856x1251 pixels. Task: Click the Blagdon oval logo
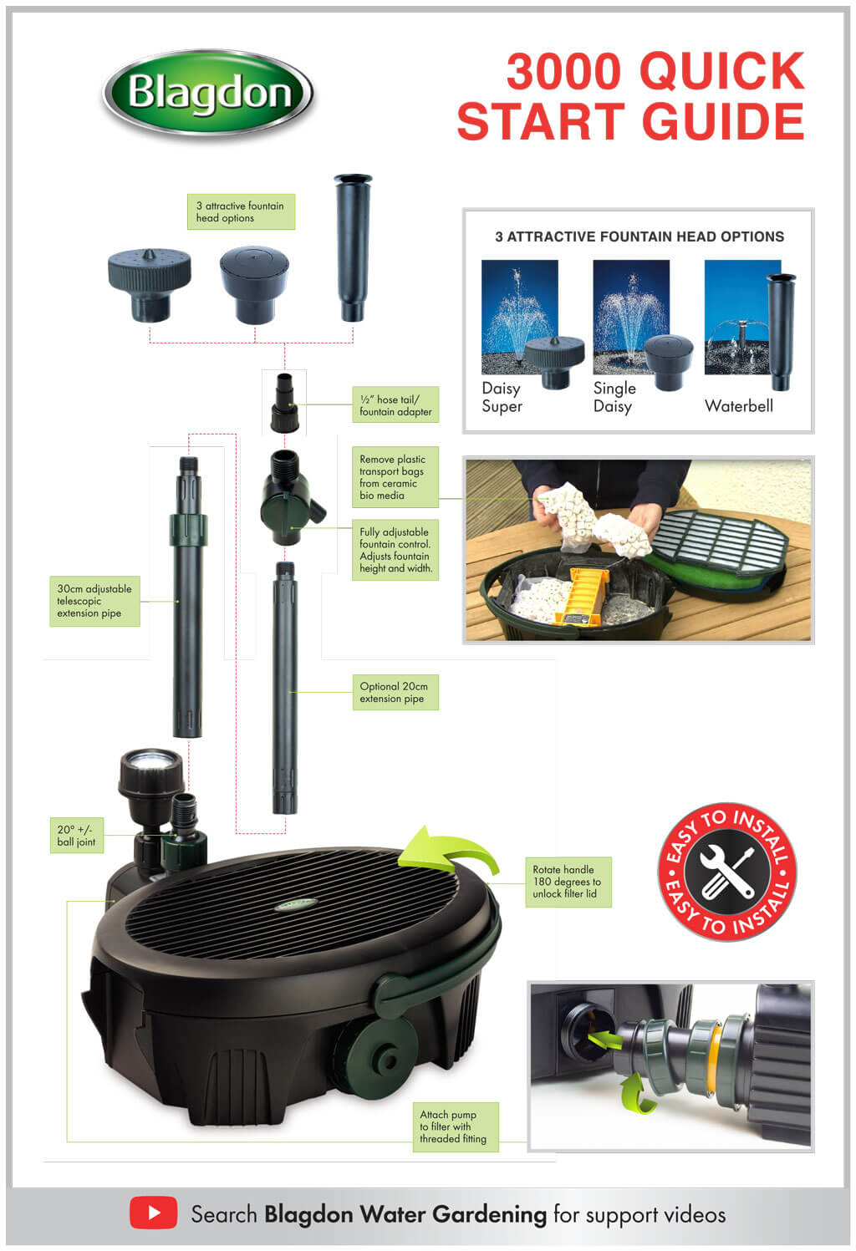207,93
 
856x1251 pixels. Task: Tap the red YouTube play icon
153,1212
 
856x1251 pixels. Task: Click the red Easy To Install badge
726,872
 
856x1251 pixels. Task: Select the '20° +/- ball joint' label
76,836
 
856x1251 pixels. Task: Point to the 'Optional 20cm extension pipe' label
395,693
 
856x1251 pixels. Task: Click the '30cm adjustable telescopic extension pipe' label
93,601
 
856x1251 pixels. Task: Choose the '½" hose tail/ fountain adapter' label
395,405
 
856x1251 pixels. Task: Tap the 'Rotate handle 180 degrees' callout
568,882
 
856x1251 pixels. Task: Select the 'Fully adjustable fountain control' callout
395,550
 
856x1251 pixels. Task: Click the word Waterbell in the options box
738,406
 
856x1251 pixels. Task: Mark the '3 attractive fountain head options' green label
240,212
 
